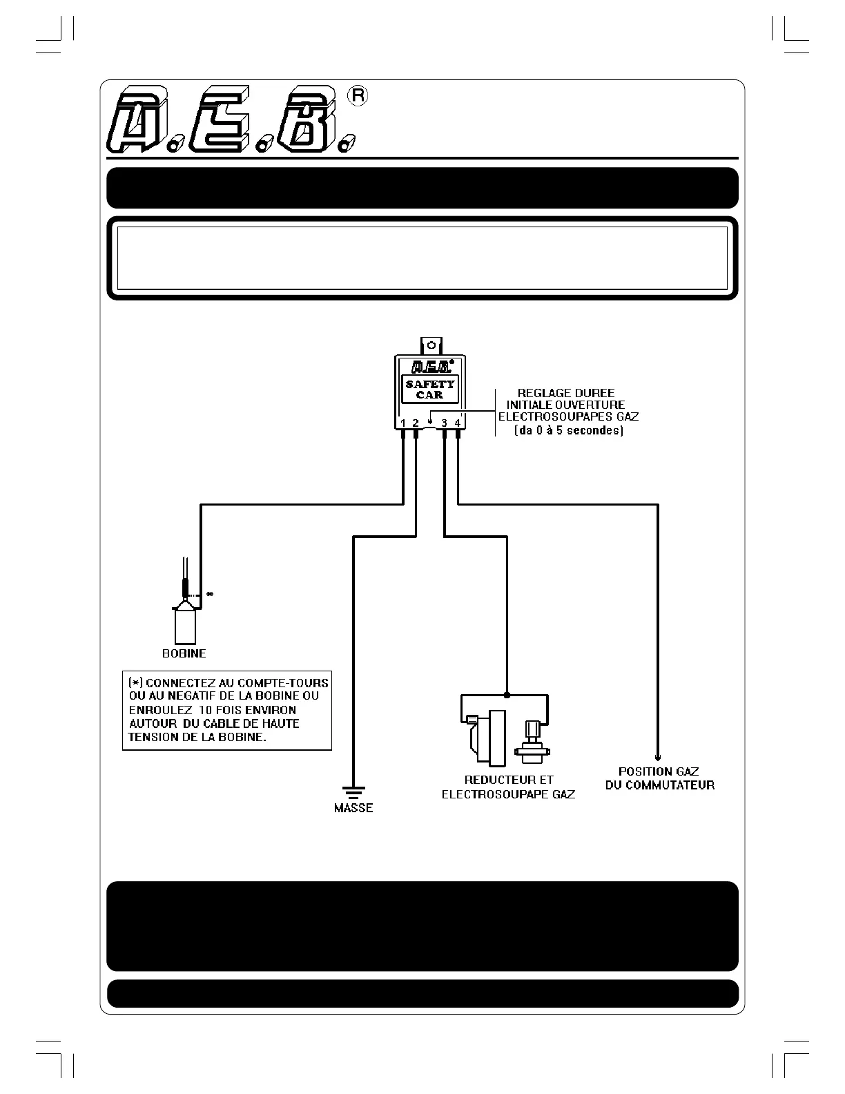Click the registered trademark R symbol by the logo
point(358,96)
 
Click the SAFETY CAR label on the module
point(430,389)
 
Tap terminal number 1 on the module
point(402,423)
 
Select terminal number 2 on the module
point(416,423)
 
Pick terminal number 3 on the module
point(445,423)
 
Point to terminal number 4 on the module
point(458,423)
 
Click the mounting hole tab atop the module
point(430,344)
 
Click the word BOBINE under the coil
point(184,653)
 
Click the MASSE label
point(353,807)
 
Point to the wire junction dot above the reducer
point(507,695)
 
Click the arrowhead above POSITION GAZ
point(658,757)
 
